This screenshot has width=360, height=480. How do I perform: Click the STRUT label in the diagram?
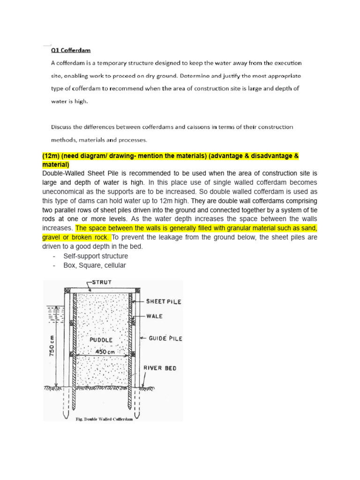point(101,283)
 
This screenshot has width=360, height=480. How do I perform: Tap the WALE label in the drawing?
point(154,316)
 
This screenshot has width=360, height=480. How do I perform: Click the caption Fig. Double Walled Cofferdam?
point(104,420)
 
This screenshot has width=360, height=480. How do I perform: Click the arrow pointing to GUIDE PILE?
point(141,337)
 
